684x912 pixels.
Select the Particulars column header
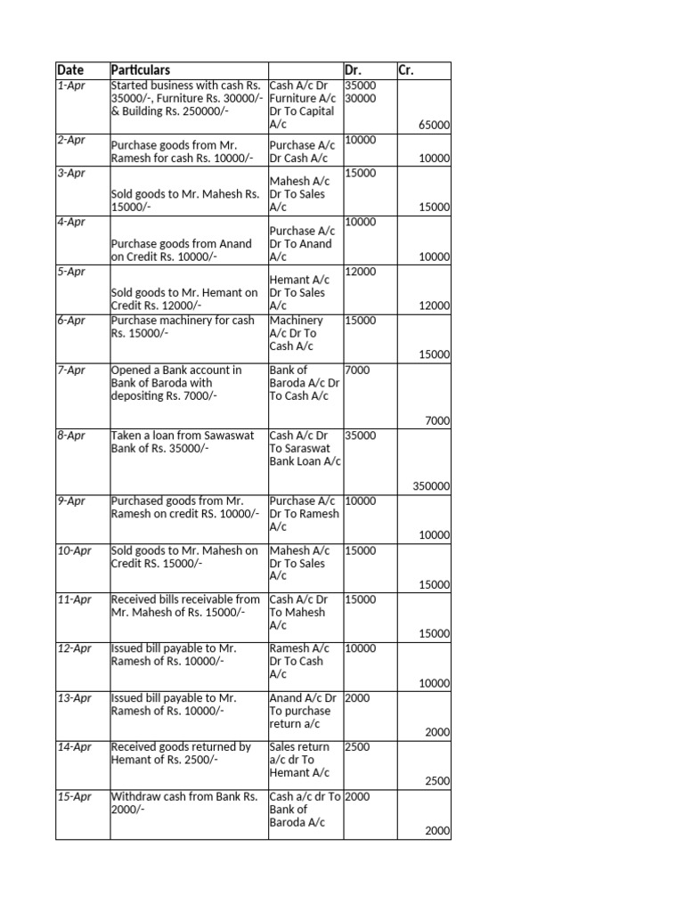click(141, 70)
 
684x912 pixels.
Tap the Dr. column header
click(355, 70)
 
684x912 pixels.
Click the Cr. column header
click(406, 70)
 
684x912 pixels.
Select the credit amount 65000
click(434, 126)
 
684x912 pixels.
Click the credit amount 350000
click(430, 486)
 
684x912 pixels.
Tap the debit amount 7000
click(358, 370)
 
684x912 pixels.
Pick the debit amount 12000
click(361, 272)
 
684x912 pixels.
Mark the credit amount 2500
click(437, 781)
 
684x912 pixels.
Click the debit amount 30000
click(361, 99)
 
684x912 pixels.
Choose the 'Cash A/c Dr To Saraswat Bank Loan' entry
click(305, 449)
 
